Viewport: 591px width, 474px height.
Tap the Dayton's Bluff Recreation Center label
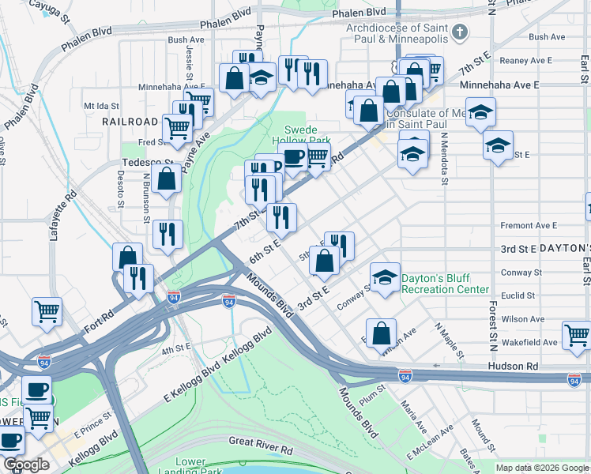click(x=445, y=284)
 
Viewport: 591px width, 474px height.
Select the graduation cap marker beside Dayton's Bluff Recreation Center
click(x=385, y=277)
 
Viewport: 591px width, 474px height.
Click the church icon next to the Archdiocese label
click(x=464, y=33)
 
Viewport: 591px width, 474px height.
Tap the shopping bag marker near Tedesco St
click(x=168, y=179)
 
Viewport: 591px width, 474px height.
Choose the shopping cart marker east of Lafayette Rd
click(x=47, y=310)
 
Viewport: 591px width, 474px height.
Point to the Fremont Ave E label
click(x=529, y=226)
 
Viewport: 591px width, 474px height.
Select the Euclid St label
click(x=520, y=295)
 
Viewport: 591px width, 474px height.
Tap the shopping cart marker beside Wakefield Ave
click(x=577, y=334)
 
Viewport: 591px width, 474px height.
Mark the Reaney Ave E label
click(x=529, y=60)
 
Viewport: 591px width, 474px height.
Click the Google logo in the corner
click(x=26, y=465)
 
